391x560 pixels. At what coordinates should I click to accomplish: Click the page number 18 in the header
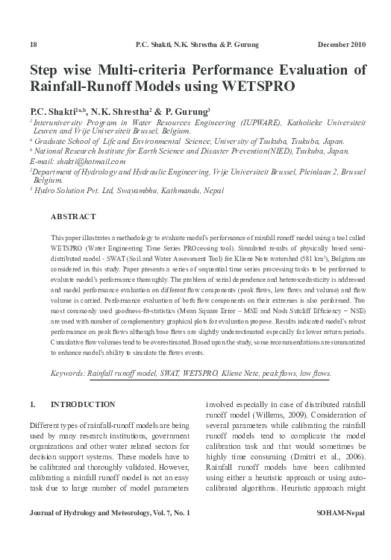click(x=32, y=45)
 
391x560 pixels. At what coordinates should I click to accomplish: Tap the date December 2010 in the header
click(x=342, y=45)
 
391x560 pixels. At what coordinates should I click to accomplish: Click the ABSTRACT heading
click(x=72, y=216)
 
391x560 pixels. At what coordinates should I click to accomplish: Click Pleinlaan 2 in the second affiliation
click(x=322, y=171)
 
